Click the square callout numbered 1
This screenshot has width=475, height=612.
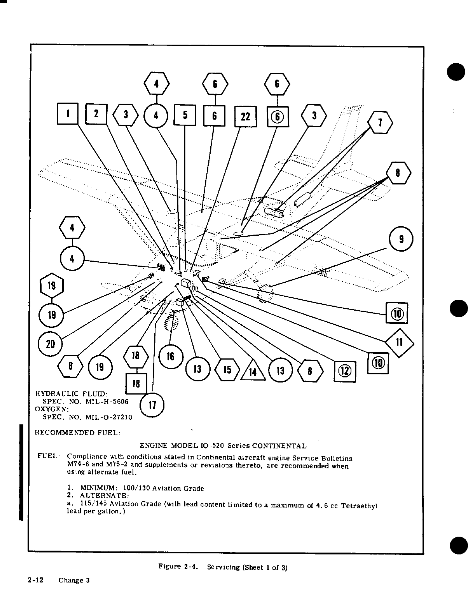(68, 114)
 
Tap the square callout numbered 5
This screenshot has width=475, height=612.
(185, 115)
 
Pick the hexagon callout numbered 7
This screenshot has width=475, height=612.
(380, 122)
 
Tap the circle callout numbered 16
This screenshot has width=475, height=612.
(170, 356)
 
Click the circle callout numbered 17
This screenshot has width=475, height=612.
(152, 405)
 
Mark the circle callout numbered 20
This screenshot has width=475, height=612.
(50, 344)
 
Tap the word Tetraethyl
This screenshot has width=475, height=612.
(359, 506)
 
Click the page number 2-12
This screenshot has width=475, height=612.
(35, 580)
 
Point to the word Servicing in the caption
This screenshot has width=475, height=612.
(224, 567)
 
